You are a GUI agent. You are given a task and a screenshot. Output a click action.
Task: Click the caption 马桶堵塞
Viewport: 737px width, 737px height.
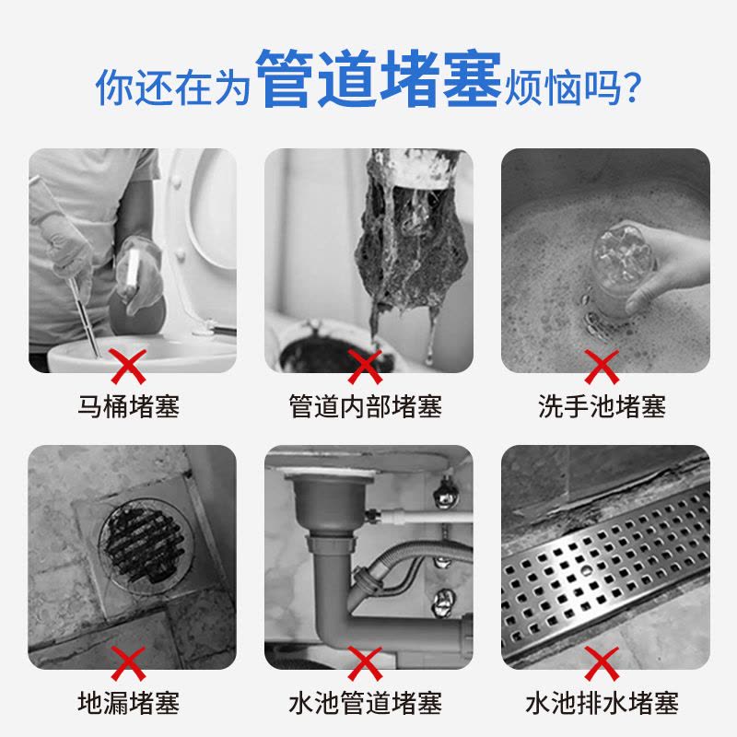click(x=128, y=406)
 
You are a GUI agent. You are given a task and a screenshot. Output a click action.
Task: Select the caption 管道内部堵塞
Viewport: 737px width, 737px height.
click(x=366, y=406)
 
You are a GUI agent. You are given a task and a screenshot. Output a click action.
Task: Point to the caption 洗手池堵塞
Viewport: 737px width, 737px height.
click(x=602, y=406)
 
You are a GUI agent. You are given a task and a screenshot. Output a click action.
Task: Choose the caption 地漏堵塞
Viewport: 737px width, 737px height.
click(x=128, y=703)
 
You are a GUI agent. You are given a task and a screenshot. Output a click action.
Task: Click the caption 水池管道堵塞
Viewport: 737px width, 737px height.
click(x=366, y=703)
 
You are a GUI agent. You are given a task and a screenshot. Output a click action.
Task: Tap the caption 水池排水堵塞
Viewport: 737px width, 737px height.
click(x=602, y=703)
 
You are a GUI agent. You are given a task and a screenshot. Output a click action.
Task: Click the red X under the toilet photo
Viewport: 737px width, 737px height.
click(x=128, y=366)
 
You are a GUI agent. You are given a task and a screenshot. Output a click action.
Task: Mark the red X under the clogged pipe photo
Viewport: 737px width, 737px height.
click(x=365, y=366)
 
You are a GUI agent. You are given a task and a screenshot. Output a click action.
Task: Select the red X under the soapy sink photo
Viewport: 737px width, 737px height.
click(x=602, y=366)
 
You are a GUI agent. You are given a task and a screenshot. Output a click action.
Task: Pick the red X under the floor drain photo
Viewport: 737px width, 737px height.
click(x=128, y=662)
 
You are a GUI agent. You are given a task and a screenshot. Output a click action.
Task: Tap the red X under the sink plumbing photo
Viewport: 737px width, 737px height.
click(x=365, y=662)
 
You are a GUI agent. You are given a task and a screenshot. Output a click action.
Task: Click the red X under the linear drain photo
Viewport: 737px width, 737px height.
click(x=602, y=662)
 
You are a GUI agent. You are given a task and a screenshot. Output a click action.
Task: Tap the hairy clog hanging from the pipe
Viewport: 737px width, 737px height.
click(x=410, y=244)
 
